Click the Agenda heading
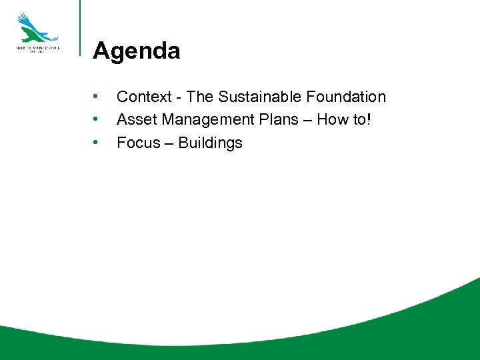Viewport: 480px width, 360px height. tap(136, 51)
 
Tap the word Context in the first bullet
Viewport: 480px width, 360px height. tap(143, 97)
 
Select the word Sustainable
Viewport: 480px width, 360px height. tap(260, 97)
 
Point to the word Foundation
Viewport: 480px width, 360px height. tap(346, 97)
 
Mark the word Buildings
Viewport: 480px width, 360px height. tap(211, 143)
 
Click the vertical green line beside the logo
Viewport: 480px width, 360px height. tap(80, 27)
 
